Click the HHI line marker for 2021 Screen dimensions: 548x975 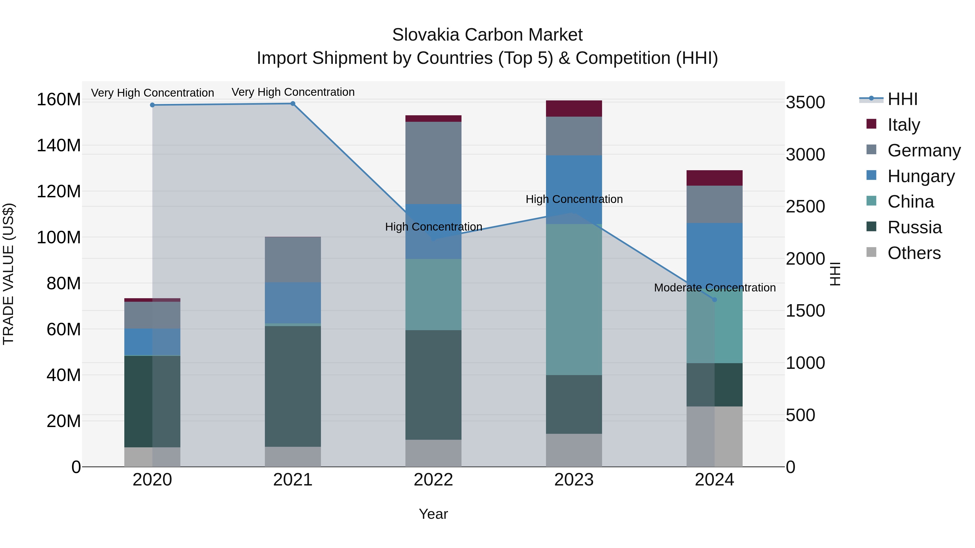(x=292, y=104)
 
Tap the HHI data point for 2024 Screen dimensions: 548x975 (x=714, y=300)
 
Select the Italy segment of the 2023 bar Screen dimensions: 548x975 (x=574, y=109)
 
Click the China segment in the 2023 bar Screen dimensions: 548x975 (x=574, y=299)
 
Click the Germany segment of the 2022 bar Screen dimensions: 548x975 (x=433, y=163)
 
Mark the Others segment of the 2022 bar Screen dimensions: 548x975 (x=433, y=453)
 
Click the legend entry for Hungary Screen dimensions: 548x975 (x=921, y=176)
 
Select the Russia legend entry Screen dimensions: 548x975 (x=914, y=227)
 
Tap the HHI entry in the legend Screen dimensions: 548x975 (x=902, y=99)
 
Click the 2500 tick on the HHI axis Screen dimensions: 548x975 (x=805, y=206)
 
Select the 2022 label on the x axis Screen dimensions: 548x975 (x=433, y=480)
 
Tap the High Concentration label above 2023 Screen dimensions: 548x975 (x=574, y=199)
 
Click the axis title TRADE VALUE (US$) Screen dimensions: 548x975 (x=9, y=274)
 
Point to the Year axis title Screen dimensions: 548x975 (x=433, y=514)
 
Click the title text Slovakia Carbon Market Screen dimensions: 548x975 (x=487, y=35)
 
